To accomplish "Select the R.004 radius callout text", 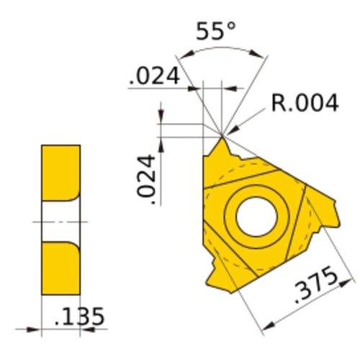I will pos(305,103).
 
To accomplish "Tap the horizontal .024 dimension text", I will pos(153,77).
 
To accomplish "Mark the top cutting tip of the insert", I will pos(222,136).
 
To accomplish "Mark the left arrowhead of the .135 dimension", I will pos(36,330).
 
